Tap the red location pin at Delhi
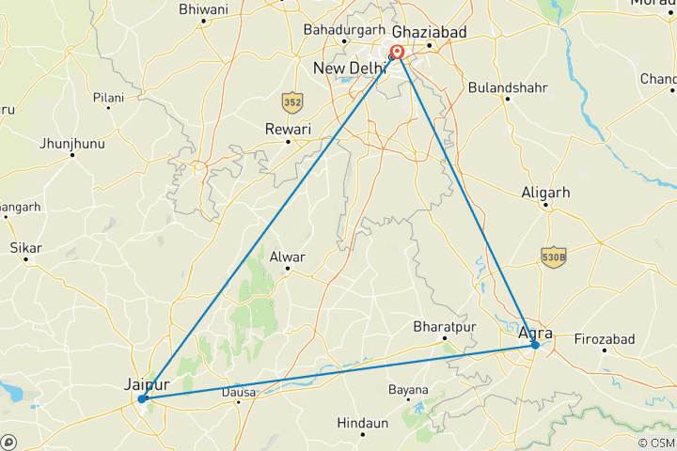(x=398, y=54)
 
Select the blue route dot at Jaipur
(x=142, y=398)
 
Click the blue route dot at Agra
(x=534, y=345)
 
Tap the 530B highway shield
(x=554, y=256)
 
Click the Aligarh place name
(x=545, y=193)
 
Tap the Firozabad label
(x=604, y=338)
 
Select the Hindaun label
(x=362, y=424)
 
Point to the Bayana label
(x=409, y=390)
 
